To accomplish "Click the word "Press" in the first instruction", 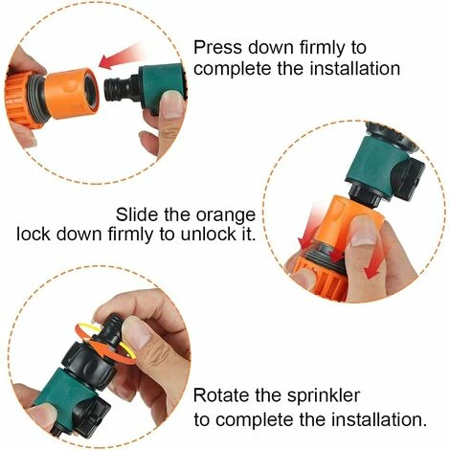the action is click(218, 48).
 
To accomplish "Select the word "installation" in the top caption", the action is click(355, 68).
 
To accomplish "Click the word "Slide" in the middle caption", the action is click(138, 214).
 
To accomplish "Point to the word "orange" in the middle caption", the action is click(225, 216).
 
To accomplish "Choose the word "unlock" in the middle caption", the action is click(208, 234).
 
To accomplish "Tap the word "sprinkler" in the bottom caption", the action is click(323, 396).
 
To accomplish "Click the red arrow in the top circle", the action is click(120, 56).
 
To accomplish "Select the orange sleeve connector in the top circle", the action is click(72, 94).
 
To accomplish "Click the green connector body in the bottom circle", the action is click(68, 394).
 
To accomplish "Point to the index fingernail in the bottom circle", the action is click(136, 332).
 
